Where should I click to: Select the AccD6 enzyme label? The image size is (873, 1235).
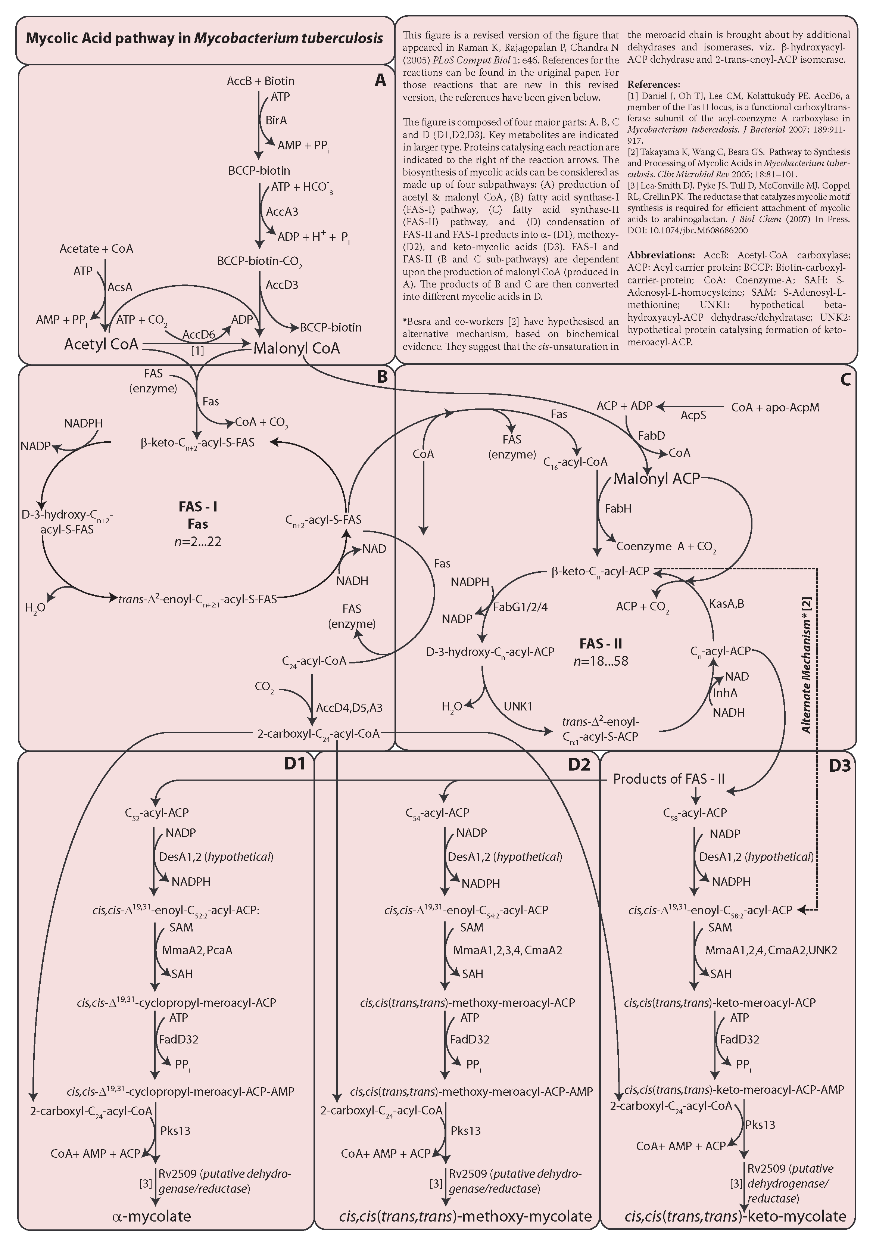click(x=199, y=335)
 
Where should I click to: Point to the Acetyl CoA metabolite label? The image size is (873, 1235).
click(x=101, y=344)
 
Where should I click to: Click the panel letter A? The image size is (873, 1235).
click(x=380, y=81)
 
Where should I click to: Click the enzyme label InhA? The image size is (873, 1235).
click(x=725, y=693)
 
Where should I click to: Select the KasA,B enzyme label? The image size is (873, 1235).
click(x=726, y=604)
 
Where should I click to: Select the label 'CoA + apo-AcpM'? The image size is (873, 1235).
click(x=775, y=407)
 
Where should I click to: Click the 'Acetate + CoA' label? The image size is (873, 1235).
click(x=96, y=249)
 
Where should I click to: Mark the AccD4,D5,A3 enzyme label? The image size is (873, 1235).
click(x=349, y=708)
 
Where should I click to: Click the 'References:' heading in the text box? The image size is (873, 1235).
click(x=654, y=84)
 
